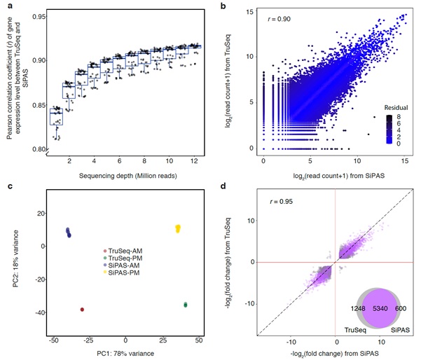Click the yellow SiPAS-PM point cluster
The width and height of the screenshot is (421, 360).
pos(178,228)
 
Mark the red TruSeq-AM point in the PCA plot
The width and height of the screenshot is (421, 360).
pos(82,310)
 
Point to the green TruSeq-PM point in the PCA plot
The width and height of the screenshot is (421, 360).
pos(186,305)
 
